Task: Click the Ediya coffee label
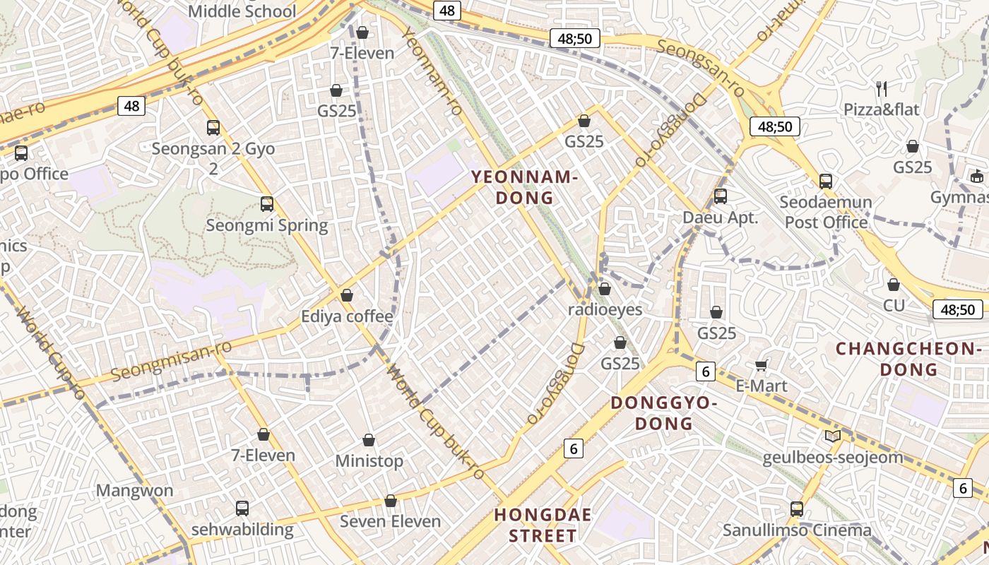(x=347, y=316)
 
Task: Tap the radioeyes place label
(x=605, y=309)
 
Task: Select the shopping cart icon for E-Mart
(x=761, y=365)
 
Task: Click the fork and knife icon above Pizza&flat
(x=882, y=88)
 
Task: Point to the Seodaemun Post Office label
(x=826, y=212)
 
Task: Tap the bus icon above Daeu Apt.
(x=721, y=196)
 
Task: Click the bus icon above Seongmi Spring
(x=267, y=204)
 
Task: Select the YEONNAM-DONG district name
(x=525, y=187)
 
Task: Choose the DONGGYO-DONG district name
(x=664, y=413)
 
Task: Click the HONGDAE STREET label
(x=543, y=525)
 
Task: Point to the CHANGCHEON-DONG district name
(x=909, y=359)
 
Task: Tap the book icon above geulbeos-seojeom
(x=833, y=436)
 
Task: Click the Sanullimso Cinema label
(x=797, y=530)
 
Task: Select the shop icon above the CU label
(x=894, y=285)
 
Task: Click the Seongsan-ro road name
(x=701, y=68)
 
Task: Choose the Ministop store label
(x=369, y=461)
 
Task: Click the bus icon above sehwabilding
(x=242, y=508)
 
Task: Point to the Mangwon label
(x=134, y=491)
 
